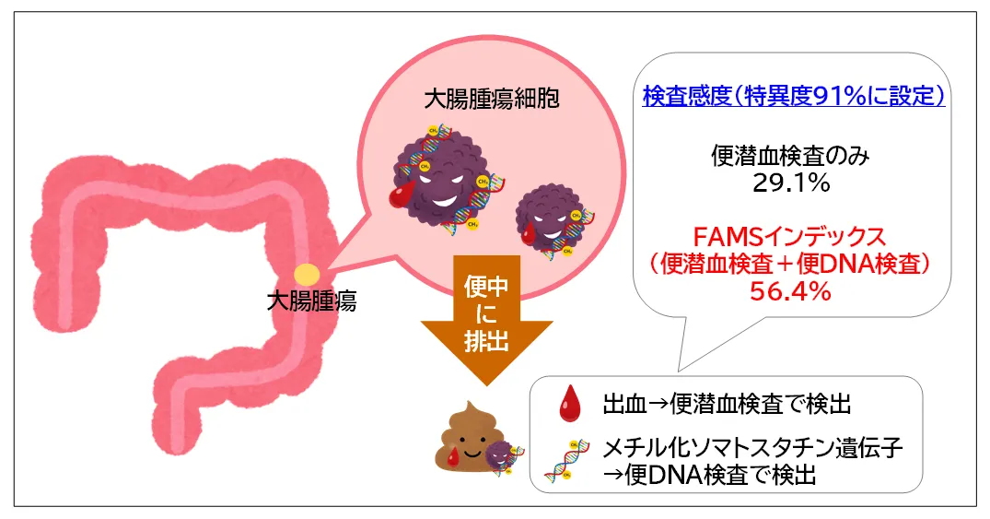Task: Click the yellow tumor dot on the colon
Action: [x=308, y=274]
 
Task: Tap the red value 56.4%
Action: [x=792, y=290]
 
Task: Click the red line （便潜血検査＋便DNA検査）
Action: [x=792, y=264]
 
